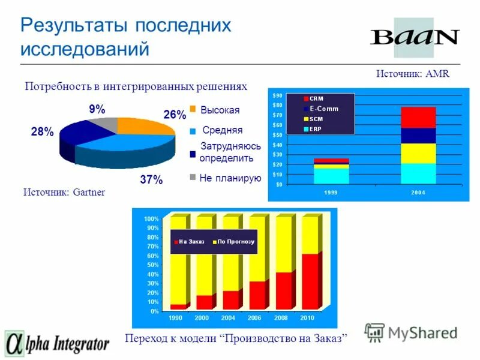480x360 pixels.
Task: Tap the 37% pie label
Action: tap(151, 179)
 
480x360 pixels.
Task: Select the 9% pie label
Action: tap(97, 109)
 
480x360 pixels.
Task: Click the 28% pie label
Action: tap(42, 133)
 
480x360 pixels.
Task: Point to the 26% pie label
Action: tap(175, 115)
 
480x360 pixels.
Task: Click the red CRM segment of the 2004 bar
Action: tap(418, 117)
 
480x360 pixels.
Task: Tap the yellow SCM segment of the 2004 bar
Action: tap(418, 153)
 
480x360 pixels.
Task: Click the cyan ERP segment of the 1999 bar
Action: tap(331, 175)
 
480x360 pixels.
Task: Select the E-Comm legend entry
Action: tap(323, 109)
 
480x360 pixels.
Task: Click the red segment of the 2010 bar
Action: tap(310, 281)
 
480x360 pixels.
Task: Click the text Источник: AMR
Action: tap(413, 73)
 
